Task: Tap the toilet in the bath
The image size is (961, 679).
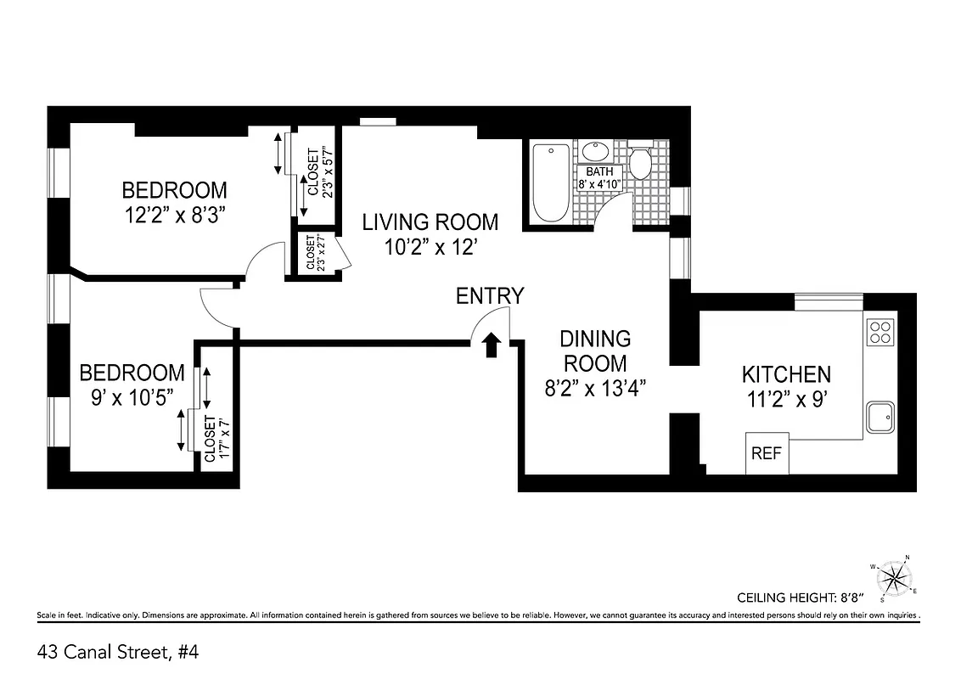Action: click(x=640, y=162)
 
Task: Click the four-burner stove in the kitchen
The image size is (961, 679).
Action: click(x=880, y=331)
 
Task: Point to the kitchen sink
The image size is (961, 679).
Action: click(x=881, y=418)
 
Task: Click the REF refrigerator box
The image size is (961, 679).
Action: click(x=767, y=454)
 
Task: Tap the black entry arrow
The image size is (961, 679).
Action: click(x=491, y=345)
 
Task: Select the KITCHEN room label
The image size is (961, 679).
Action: click(x=786, y=374)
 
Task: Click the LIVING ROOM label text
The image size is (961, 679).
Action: click(x=430, y=222)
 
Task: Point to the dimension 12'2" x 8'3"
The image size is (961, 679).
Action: click(x=174, y=213)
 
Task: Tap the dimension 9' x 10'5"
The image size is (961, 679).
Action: click(x=132, y=396)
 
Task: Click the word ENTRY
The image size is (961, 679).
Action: click(x=490, y=296)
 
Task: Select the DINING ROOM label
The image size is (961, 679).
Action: click(x=595, y=351)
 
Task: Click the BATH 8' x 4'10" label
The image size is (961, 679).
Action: click(x=599, y=177)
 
